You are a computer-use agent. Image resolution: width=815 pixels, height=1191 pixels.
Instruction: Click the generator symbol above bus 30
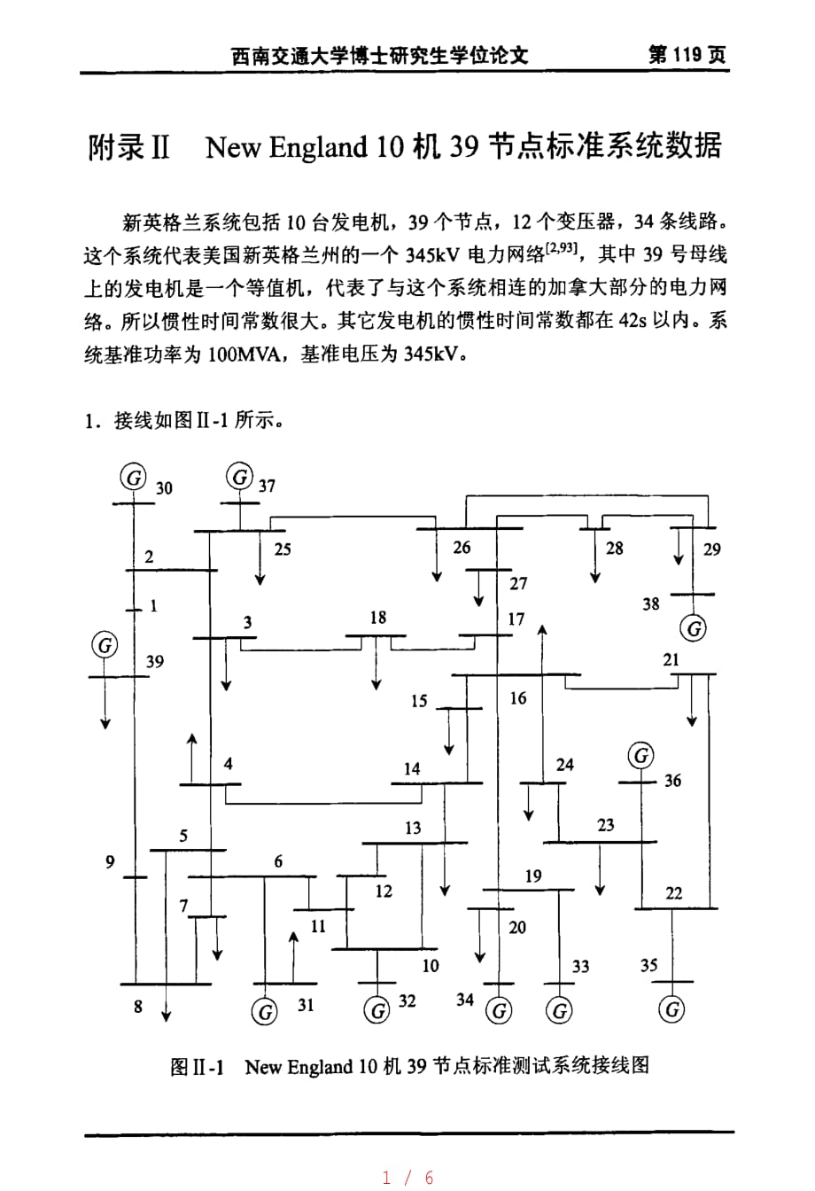coord(134,478)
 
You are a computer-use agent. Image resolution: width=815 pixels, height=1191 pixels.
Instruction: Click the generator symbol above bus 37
coord(240,477)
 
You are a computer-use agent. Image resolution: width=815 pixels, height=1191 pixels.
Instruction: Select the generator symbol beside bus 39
coord(105,645)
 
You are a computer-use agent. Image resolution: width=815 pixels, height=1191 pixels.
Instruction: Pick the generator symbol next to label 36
coord(641,756)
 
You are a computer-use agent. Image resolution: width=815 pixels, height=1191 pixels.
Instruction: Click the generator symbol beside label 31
coord(264,1011)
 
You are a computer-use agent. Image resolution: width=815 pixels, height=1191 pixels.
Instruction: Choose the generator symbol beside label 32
coord(376,1009)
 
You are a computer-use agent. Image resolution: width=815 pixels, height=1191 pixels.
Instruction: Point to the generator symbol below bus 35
coord(673,1009)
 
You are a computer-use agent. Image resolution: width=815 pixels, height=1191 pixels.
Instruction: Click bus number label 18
coord(378,617)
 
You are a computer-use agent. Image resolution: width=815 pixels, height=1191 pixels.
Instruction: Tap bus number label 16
coord(518,698)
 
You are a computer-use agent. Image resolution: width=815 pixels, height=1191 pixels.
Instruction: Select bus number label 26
coord(462,547)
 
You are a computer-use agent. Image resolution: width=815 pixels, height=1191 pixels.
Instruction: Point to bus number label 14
coord(412,768)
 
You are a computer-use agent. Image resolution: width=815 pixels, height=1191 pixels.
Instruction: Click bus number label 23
coord(605,825)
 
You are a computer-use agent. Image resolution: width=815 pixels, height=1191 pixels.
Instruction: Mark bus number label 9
coord(110,860)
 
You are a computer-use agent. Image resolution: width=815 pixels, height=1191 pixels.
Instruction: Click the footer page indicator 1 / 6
coord(407,1177)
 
